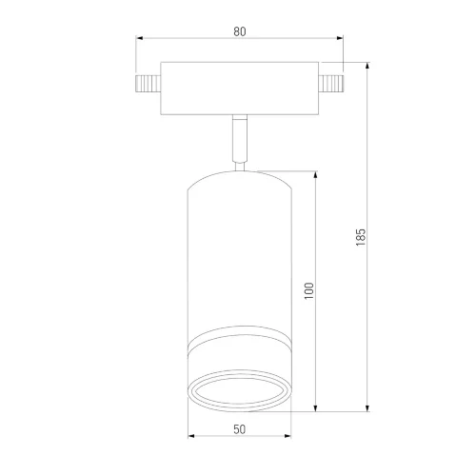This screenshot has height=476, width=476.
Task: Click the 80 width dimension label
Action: click(240, 31)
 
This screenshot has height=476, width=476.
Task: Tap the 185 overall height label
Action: click(361, 237)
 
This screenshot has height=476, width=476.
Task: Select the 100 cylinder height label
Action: click(308, 290)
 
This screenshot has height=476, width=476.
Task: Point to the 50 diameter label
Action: click(240, 429)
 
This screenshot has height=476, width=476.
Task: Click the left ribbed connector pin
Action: click(149, 84)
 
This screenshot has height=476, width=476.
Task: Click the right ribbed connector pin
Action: click(331, 84)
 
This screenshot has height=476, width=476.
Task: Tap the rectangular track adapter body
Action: click(240, 89)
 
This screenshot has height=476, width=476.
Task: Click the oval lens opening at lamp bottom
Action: click(240, 391)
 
